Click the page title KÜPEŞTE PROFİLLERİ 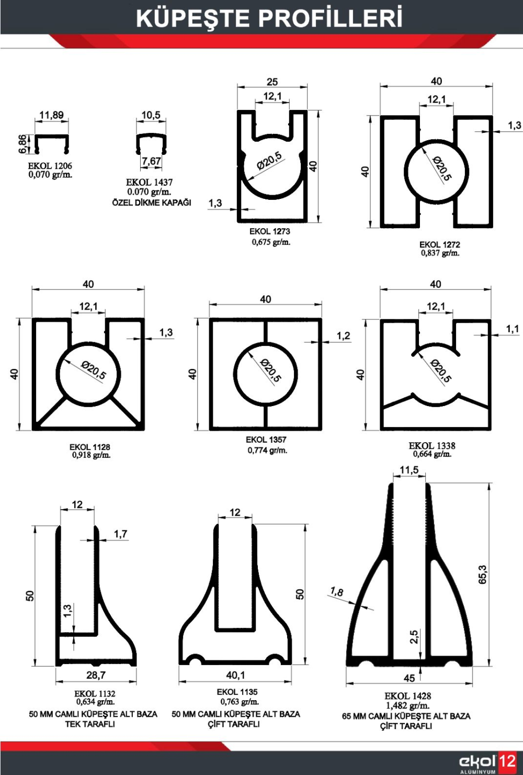[x=269, y=18]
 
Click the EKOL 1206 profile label [x=50, y=166]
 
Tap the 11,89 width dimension [x=51, y=115]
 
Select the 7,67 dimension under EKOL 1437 [x=151, y=161]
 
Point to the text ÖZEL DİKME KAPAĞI [x=152, y=203]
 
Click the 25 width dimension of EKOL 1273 [x=272, y=82]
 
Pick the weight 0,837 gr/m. [x=440, y=253]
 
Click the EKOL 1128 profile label [x=90, y=447]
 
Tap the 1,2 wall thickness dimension [x=343, y=336]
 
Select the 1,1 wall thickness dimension [x=513, y=329]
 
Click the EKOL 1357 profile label [x=266, y=440]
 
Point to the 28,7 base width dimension [x=96, y=675]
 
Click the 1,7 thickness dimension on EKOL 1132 [x=120, y=534]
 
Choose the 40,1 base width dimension [x=235, y=675]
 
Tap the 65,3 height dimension [x=482, y=574]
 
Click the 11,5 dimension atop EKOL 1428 [x=409, y=470]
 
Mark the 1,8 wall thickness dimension [x=337, y=592]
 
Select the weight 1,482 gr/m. [x=407, y=705]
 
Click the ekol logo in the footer [x=477, y=762]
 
